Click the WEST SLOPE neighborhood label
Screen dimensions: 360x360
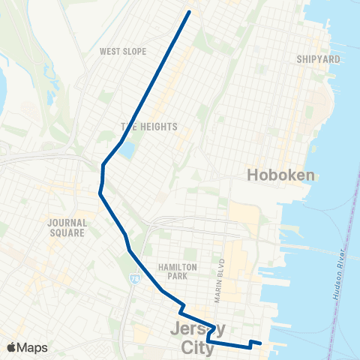[122, 52]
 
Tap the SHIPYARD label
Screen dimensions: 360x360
[319, 58]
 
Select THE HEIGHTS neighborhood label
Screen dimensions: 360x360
[149, 127]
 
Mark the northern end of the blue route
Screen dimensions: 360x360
[188, 12]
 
